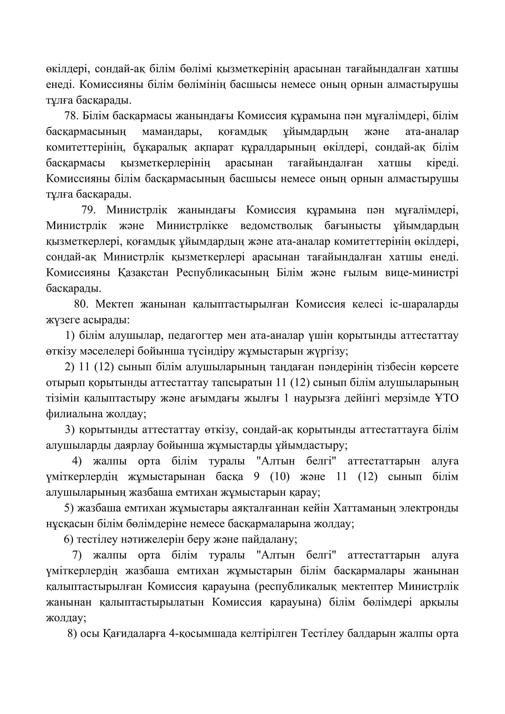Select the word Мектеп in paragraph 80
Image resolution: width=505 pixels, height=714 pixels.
pos(114,304)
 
